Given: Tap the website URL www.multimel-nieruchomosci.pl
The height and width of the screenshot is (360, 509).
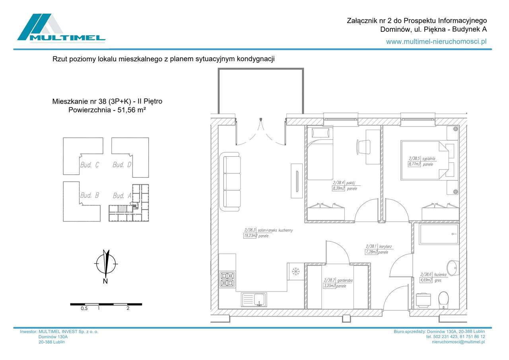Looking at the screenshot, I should click(436, 41).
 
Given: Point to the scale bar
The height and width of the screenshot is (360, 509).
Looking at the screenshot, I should click(106, 304).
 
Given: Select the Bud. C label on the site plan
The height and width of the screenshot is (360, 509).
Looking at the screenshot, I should click(89, 165).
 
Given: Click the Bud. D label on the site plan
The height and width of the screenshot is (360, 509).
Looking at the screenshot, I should click(122, 165).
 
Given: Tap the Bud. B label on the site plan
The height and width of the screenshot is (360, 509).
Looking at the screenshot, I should click(89, 195).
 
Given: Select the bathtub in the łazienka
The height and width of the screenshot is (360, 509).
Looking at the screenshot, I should click(439, 234).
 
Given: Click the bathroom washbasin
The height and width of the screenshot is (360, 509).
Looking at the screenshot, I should click(453, 268).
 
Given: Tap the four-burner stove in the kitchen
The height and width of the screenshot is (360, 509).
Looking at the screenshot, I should click(227, 279).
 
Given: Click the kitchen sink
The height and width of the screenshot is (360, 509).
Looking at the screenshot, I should click(254, 299).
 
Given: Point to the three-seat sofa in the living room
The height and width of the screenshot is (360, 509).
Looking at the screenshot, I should click(232, 182).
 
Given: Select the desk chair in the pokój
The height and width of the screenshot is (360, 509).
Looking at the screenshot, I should click(364, 146).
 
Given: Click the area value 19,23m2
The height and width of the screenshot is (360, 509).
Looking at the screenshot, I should click(250, 236).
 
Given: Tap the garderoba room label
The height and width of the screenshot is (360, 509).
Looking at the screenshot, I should click(344, 280).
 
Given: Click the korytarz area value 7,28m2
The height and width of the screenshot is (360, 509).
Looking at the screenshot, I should click(371, 252).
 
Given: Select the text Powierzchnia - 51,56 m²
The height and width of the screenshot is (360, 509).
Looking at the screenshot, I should click(107, 110).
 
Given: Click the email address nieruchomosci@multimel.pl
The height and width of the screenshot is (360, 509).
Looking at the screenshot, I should click(458, 342).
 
